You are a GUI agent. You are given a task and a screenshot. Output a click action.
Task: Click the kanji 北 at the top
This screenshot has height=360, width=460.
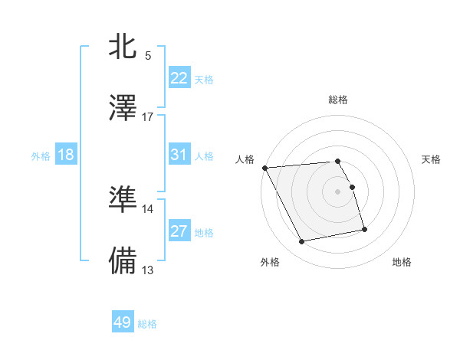[x=123, y=46]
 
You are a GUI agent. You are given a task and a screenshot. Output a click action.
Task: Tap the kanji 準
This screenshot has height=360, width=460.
[x=123, y=198]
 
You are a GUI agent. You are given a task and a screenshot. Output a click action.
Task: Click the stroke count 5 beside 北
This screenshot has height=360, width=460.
[x=148, y=55]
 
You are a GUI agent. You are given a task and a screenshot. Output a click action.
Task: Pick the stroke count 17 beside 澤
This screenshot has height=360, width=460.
[x=148, y=116]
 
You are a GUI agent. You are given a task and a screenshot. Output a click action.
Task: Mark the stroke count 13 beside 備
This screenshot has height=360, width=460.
[x=148, y=270]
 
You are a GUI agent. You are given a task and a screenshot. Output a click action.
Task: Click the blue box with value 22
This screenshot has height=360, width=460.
[x=179, y=78]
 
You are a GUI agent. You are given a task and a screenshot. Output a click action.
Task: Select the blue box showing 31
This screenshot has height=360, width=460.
[x=179, y=155]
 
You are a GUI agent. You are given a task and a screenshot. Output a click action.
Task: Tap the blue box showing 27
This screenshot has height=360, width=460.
[x=179, y=231]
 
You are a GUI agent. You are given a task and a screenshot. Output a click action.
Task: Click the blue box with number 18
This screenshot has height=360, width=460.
[x=66, y=155]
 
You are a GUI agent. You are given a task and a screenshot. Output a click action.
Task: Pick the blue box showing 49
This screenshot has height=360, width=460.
[x=123, y=322]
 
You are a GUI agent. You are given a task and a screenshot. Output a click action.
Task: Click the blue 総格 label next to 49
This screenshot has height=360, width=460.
[x=147, y=324]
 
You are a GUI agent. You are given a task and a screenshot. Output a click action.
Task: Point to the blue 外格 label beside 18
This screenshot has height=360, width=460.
[x=41, y=155]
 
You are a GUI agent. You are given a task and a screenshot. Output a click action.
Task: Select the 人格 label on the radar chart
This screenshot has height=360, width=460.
[x=245, y=159]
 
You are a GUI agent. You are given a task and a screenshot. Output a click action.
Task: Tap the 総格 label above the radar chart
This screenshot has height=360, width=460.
[x=337, y=100]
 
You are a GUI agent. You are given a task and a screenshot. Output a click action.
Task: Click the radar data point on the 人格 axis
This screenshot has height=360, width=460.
[x=264, y=168]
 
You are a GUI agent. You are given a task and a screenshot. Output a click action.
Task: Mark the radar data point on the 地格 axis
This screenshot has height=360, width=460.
[x=364, y=229]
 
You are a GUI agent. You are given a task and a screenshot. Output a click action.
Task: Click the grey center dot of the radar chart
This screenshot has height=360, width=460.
[x=337, y=191]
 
